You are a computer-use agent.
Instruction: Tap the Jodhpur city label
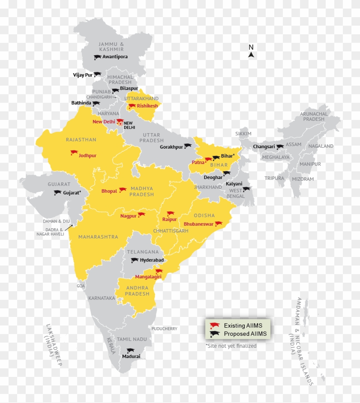[87, 155]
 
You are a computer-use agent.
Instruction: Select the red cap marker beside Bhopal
[123, 190]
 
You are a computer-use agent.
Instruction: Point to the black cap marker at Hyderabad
[135, 260]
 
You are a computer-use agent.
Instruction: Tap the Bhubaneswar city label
[198, 224]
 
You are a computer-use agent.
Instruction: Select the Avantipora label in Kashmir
[115, 57]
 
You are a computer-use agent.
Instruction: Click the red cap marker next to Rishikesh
[132, 106]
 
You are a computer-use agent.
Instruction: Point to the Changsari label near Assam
[264, 146]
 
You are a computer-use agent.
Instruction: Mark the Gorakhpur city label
[171, 147]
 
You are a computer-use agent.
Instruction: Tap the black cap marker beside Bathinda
[96, 103]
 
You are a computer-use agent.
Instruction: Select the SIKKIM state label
[243, 134]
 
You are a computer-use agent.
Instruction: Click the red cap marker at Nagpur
[141, 215]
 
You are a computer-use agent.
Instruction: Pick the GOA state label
[81, 286]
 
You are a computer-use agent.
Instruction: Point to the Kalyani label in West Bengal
[234, 184]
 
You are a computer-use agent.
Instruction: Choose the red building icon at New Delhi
[120, 122]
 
